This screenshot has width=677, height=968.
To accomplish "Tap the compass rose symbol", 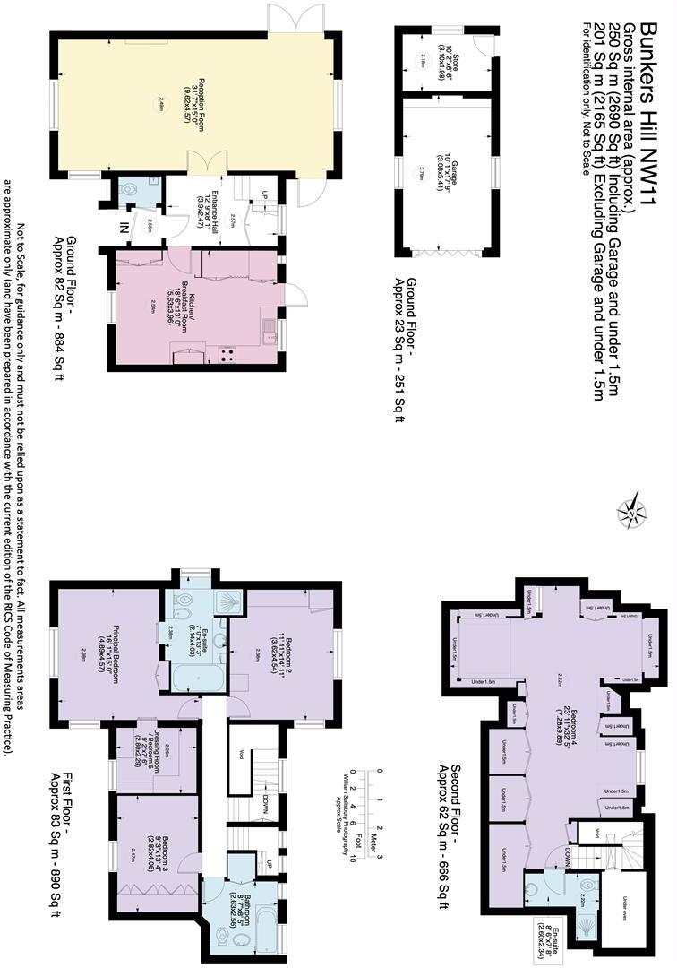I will (x=632, y=511).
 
